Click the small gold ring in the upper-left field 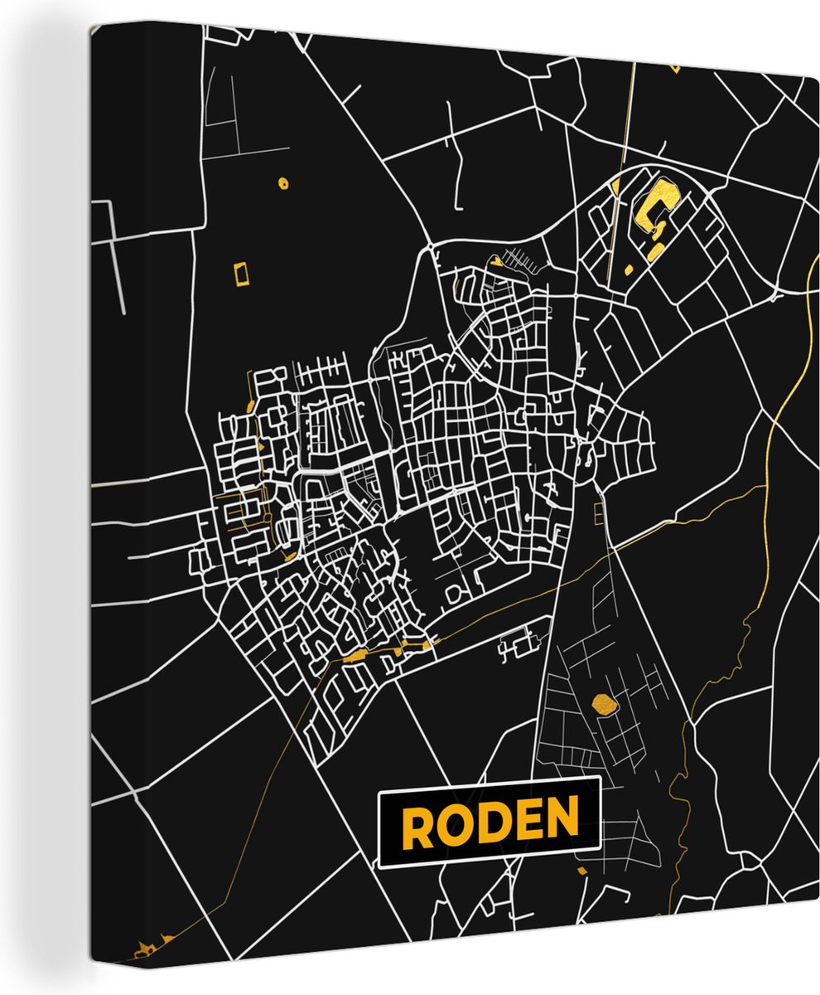(x=282, y=182)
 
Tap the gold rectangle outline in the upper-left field (x=241, y=273)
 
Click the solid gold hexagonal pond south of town (x=605, y=705)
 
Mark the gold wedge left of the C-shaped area (x=617, y=186)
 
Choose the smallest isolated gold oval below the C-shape (x=628, y=269)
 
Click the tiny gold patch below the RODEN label (x=581, y=870)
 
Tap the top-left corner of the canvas (x=91, y=25)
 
